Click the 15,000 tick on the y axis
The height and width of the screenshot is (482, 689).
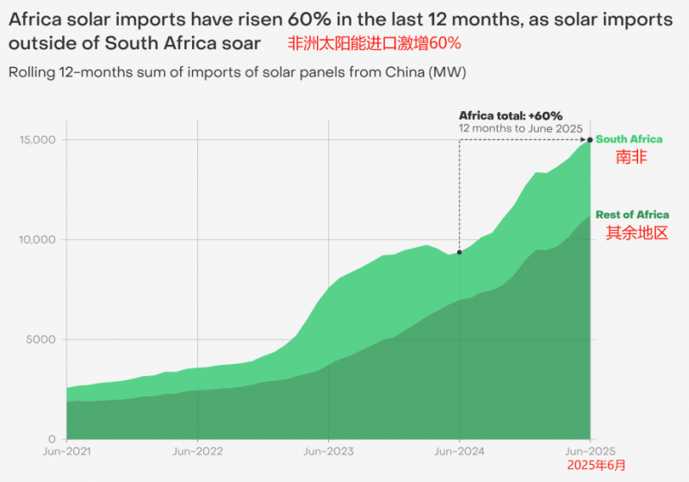(x=37, y=140)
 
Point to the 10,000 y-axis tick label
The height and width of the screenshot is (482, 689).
(x=37, y=239)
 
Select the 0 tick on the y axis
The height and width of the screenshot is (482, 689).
(x=52, y=438)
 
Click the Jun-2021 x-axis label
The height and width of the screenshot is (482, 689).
(x=67, y=450)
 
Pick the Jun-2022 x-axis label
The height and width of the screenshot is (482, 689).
(x=198, y=450)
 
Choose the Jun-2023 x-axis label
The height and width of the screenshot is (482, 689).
(x=328, y=450)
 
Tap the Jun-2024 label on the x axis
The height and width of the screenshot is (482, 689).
(x=459, y=450)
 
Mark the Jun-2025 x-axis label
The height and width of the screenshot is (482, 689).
(x=590, y=450)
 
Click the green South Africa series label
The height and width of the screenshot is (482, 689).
(x=630, y=139)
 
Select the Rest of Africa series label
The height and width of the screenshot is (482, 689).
(x=632, y=215)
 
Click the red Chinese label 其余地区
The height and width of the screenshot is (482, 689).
(x=637, y=233)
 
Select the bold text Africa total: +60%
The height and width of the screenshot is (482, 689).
(x=511, y=115)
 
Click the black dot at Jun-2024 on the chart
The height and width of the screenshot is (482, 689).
(x=459, y=252)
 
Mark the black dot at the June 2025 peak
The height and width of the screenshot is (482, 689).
(x=590, y=139)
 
